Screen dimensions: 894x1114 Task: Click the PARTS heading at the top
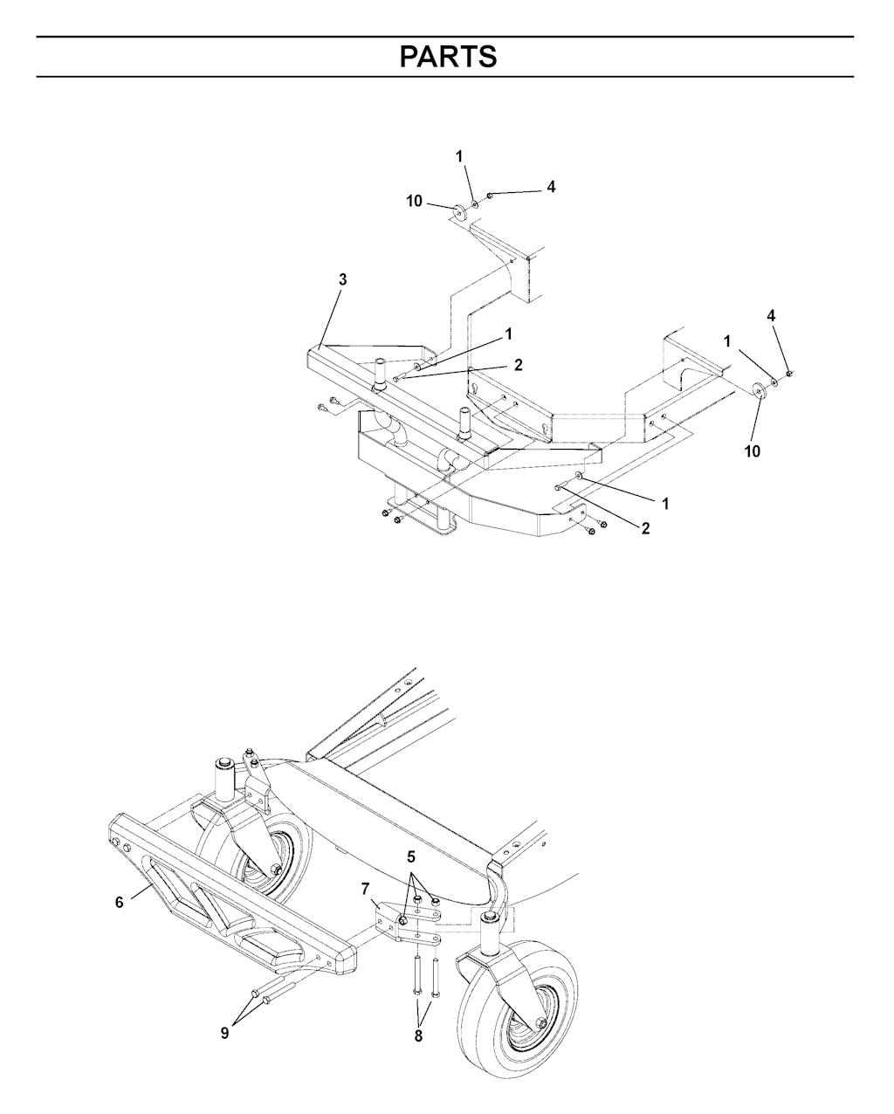pyautogui.click(x=448, y=57)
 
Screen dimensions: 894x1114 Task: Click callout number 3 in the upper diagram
pyautogui.click(x=343, y=279)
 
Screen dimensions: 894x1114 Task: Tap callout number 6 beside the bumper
pyautogui.click(x=120, y=902)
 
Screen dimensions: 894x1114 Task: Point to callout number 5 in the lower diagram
pyautogui.click(x=411, y=857)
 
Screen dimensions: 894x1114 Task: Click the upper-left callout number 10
pyautogui.click(x=414, y=201)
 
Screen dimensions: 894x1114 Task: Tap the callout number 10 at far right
pyautogui.click(x=753, y=451)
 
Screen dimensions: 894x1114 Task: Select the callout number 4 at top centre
pyautogui.click(x=551, y=187)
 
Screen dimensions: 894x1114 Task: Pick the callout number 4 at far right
pyautogui.click(x=771, y=316)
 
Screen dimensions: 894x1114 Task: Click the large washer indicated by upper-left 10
pyautogui.click(x=458, y=211)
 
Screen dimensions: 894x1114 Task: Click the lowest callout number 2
pyautogui.click(x=645, y=528)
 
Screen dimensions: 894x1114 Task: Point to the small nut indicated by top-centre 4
pyautogui.click(x=490, y=196)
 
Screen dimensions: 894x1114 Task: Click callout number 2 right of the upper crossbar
pyautogui.click(x=518, y=365)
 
